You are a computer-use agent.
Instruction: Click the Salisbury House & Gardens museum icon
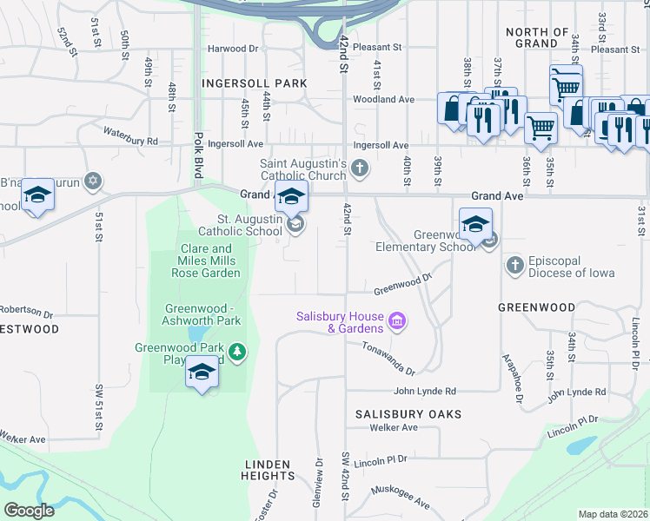tap(397, 322)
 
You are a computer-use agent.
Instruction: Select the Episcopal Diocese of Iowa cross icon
tap(514, 263)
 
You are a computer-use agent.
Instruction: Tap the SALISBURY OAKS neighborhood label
tap(408, 414)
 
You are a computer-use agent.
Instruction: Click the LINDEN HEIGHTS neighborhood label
tap(268, 470)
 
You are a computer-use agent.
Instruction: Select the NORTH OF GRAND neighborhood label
tap(537, 37)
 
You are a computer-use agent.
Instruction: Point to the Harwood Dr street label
tap(233, 49)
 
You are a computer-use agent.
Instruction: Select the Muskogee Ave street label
tap(401, 498)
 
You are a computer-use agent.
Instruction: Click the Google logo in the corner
tap(29, 511)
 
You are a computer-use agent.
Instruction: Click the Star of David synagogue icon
tap(93, 181)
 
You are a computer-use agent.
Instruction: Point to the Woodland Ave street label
tap(382, 100)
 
